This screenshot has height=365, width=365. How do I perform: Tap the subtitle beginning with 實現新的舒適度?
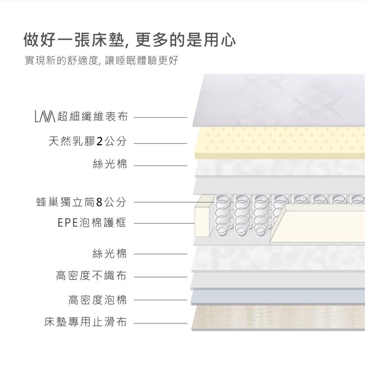[x=101, y=61]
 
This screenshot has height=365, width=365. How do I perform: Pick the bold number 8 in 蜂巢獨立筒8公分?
[x=99, y=202]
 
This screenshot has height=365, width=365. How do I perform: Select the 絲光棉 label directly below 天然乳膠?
[x=110, y=165]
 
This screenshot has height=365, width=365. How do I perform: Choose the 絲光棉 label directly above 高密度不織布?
[x=109, y=253]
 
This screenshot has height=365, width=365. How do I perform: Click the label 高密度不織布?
[x=91, y=276]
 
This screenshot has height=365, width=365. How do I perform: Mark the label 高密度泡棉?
[x=97, y=300]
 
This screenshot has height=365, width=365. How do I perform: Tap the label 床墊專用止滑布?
[x=85, y=323]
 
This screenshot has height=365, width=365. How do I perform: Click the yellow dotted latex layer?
[x=279, y=142]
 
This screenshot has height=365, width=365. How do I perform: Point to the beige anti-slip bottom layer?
[x=278, y=317]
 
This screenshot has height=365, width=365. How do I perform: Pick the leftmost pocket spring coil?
[x=224, y=217]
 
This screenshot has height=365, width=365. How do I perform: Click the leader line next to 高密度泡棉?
[x=160, y=300]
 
